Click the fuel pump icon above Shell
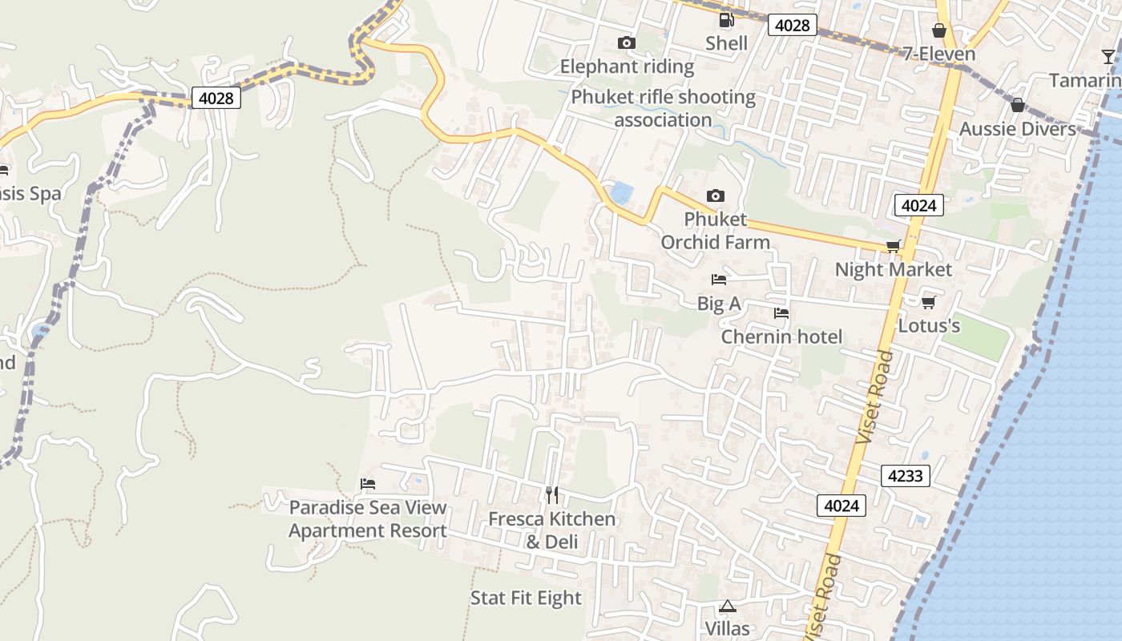[x=726, y=20]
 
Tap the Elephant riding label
[x=627, y=67]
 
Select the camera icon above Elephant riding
[x=627, y=42]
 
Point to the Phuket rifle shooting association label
[x=663, y=108]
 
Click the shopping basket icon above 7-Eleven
[x=939, y=30]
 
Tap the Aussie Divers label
[x=1017, y=129]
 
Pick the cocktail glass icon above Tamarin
[x=1108, y=56]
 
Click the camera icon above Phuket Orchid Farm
[x=716, y=196]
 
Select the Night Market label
[x=893, y=269]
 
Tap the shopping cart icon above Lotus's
[x=929, y=302]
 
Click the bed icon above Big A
[x=719, y=280]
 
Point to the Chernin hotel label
[x=781, y=337]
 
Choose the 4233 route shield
[x=906, y=475]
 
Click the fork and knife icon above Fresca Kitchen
[x=551, y=494]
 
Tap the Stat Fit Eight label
[x=526, y=598]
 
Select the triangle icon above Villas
[x=727, y=606]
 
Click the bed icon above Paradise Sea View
[x=368, y=483]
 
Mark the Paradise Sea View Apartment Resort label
[x=368, y=519]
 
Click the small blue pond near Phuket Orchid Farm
[x=620, y=192]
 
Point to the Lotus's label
[x=929, y=326]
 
